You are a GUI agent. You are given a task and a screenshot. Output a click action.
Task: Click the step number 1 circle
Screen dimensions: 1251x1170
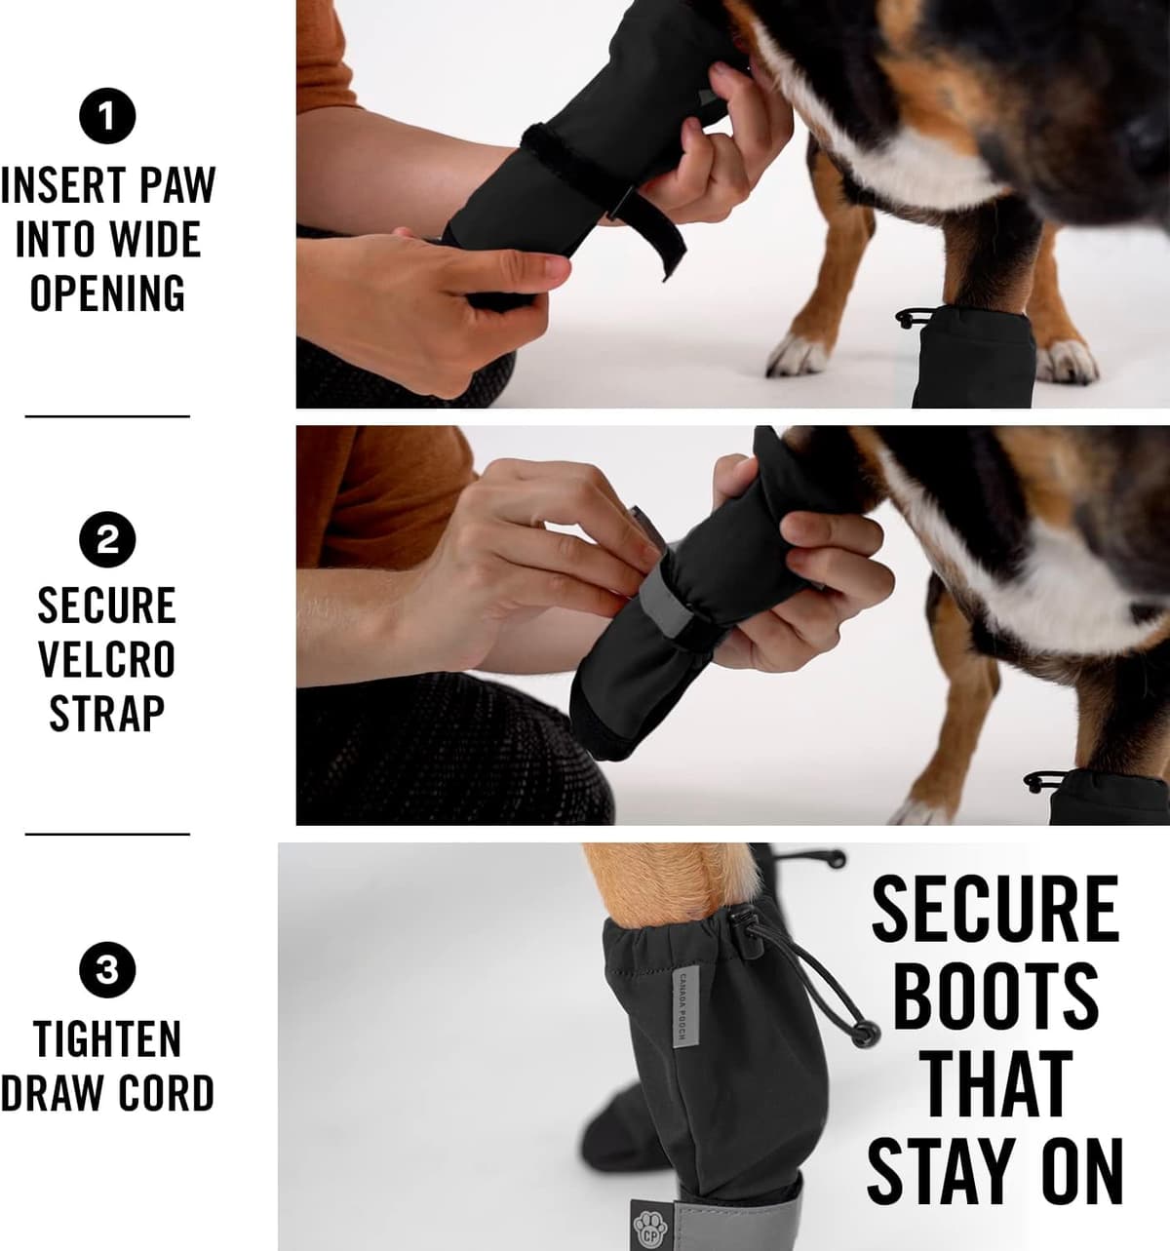(x=107, y=116)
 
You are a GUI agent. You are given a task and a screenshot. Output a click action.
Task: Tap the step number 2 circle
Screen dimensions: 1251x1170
(x=107, y=539)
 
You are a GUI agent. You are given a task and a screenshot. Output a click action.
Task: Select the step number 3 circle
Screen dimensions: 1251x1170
(x=107, y=970)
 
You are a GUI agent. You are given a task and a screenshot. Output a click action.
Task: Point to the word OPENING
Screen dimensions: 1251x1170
(x=107, y=293)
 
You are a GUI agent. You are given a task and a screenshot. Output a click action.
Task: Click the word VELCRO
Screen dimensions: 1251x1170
(x=107, y=659)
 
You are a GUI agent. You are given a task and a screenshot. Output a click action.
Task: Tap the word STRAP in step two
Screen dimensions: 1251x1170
(x=107, y=714)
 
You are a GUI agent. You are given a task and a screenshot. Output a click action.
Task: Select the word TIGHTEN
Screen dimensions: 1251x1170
(x=107, y=1039)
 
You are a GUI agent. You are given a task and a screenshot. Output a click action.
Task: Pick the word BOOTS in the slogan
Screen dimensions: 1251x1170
(x=994, y=997)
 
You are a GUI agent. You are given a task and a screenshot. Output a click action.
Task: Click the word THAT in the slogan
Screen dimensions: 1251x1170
(x=994, y=1083)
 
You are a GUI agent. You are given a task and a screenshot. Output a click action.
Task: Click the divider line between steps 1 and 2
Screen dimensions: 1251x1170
(x=107, y=416)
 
